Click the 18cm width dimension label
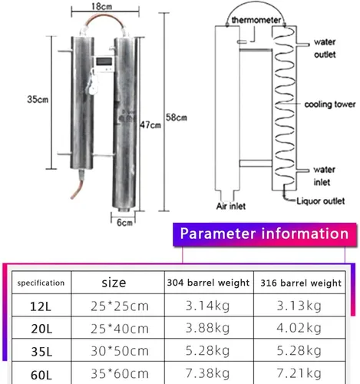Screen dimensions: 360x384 pos(102,6)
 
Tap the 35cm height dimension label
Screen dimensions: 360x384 pos(38,99)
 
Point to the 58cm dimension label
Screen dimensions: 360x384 pos(177,118)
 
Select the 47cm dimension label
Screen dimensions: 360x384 pos(150,125)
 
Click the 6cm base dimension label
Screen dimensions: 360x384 pos(124,223)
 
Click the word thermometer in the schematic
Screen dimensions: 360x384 pos(256,20)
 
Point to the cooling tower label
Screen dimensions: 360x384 pos(330,104)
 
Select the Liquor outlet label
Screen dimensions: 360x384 pos(321,201)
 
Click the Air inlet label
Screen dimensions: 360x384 pos(231,206)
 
